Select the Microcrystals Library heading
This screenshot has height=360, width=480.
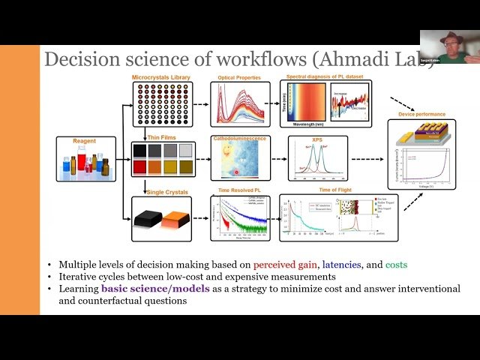pos(160,77)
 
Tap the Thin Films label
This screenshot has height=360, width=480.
pos(150,136)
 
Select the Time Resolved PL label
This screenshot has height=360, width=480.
pos(238,192)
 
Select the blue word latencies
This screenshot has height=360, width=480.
pos(344,265)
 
